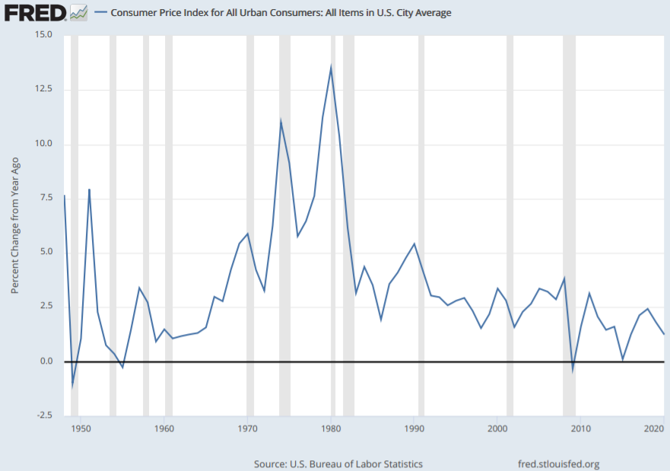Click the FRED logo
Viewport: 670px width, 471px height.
click(35, 13)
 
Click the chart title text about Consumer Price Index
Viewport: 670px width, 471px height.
click(281, 13)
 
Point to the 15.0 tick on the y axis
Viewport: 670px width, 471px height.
click(42, 35)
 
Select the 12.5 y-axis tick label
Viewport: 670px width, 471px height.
click(42, 90)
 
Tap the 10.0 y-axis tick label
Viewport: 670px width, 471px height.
click(42, 145)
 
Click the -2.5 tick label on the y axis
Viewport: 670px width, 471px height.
click(42, 415)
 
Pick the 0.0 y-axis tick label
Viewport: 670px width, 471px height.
click(45, 361)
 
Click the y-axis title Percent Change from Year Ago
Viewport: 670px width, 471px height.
click(14, 225)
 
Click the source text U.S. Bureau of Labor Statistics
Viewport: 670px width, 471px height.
click(338, 463)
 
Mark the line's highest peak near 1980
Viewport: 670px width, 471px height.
click(331, 68)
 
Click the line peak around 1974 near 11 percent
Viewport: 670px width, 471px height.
click(281, 122)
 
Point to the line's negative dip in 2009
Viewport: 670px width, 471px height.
click(573, 369)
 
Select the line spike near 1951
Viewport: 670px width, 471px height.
click(89, 189)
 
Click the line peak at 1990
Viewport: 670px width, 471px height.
click(414, 243)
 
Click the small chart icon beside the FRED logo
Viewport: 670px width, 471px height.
click(78, 13)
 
